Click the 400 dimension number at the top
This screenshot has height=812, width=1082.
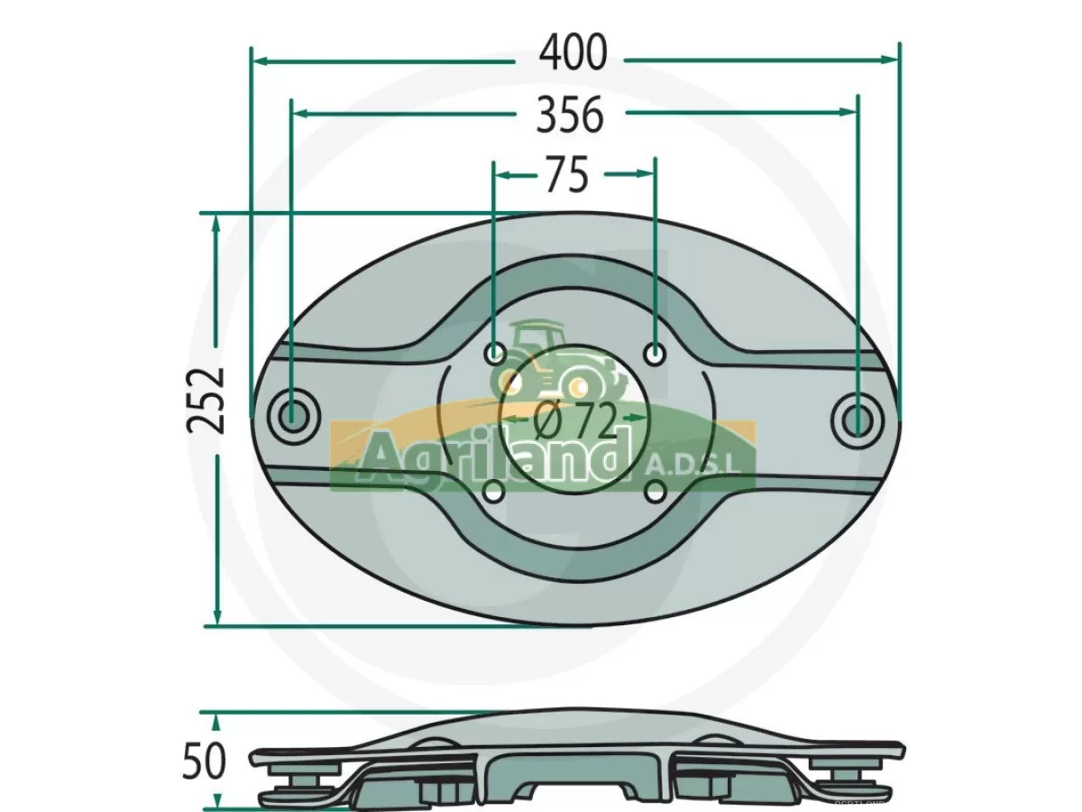[x=573, y=55]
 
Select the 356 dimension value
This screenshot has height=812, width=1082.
[x=569, y=115]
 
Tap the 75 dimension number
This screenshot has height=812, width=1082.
[x=566, y=175]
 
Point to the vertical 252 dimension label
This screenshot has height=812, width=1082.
[x=206, y=400]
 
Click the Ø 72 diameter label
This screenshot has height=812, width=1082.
[x=573, y=419]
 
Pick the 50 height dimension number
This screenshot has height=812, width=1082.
[x=205, y=761]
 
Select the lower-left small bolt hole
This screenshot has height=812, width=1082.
[x=494, y=492]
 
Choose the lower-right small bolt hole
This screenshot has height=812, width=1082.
[x=656, y=492]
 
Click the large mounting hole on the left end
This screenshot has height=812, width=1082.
[x=293, y=418]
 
